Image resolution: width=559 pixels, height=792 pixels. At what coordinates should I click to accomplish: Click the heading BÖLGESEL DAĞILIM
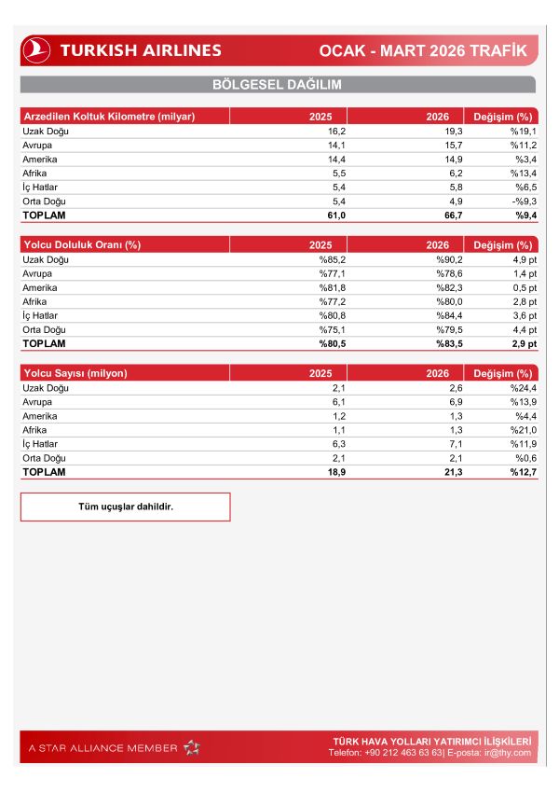point(278,85)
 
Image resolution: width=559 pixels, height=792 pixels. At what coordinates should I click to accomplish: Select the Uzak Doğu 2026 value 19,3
point(438,132)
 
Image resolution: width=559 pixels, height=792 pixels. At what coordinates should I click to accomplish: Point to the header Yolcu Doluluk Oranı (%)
point(81,245)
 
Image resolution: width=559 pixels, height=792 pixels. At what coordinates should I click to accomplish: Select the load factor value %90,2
point(435,260)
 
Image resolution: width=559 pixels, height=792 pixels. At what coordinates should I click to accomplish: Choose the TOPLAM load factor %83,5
point(435,344)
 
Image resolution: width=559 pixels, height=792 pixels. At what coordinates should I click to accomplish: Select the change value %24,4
point(518,388)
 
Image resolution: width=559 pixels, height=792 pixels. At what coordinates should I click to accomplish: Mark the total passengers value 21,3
point(437,472)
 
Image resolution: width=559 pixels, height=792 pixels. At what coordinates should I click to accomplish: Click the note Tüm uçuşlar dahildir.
point(125,507)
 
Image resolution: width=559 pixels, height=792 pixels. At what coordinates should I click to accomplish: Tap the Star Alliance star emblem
point(191,747)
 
